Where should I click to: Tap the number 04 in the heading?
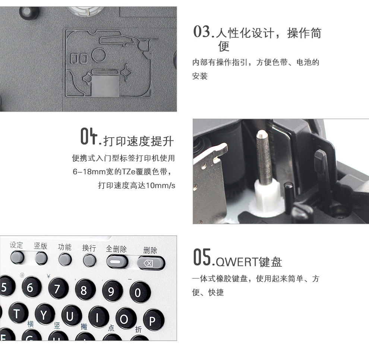click(89, 136)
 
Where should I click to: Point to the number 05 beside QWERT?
click(202, 257)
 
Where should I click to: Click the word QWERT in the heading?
click(237, 262)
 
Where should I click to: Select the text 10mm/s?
click(161, 185)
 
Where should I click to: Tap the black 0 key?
click(140, 292)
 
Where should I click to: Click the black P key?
click(154, 320)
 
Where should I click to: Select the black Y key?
click(44, 314)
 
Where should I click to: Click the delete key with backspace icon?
click(151, 263)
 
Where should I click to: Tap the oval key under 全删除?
click(117, 262)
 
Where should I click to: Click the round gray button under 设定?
click(17, 257)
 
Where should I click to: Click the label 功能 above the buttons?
click(64, 247)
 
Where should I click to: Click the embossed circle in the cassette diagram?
click(99, 55)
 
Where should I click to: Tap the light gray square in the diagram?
click(105, 86)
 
